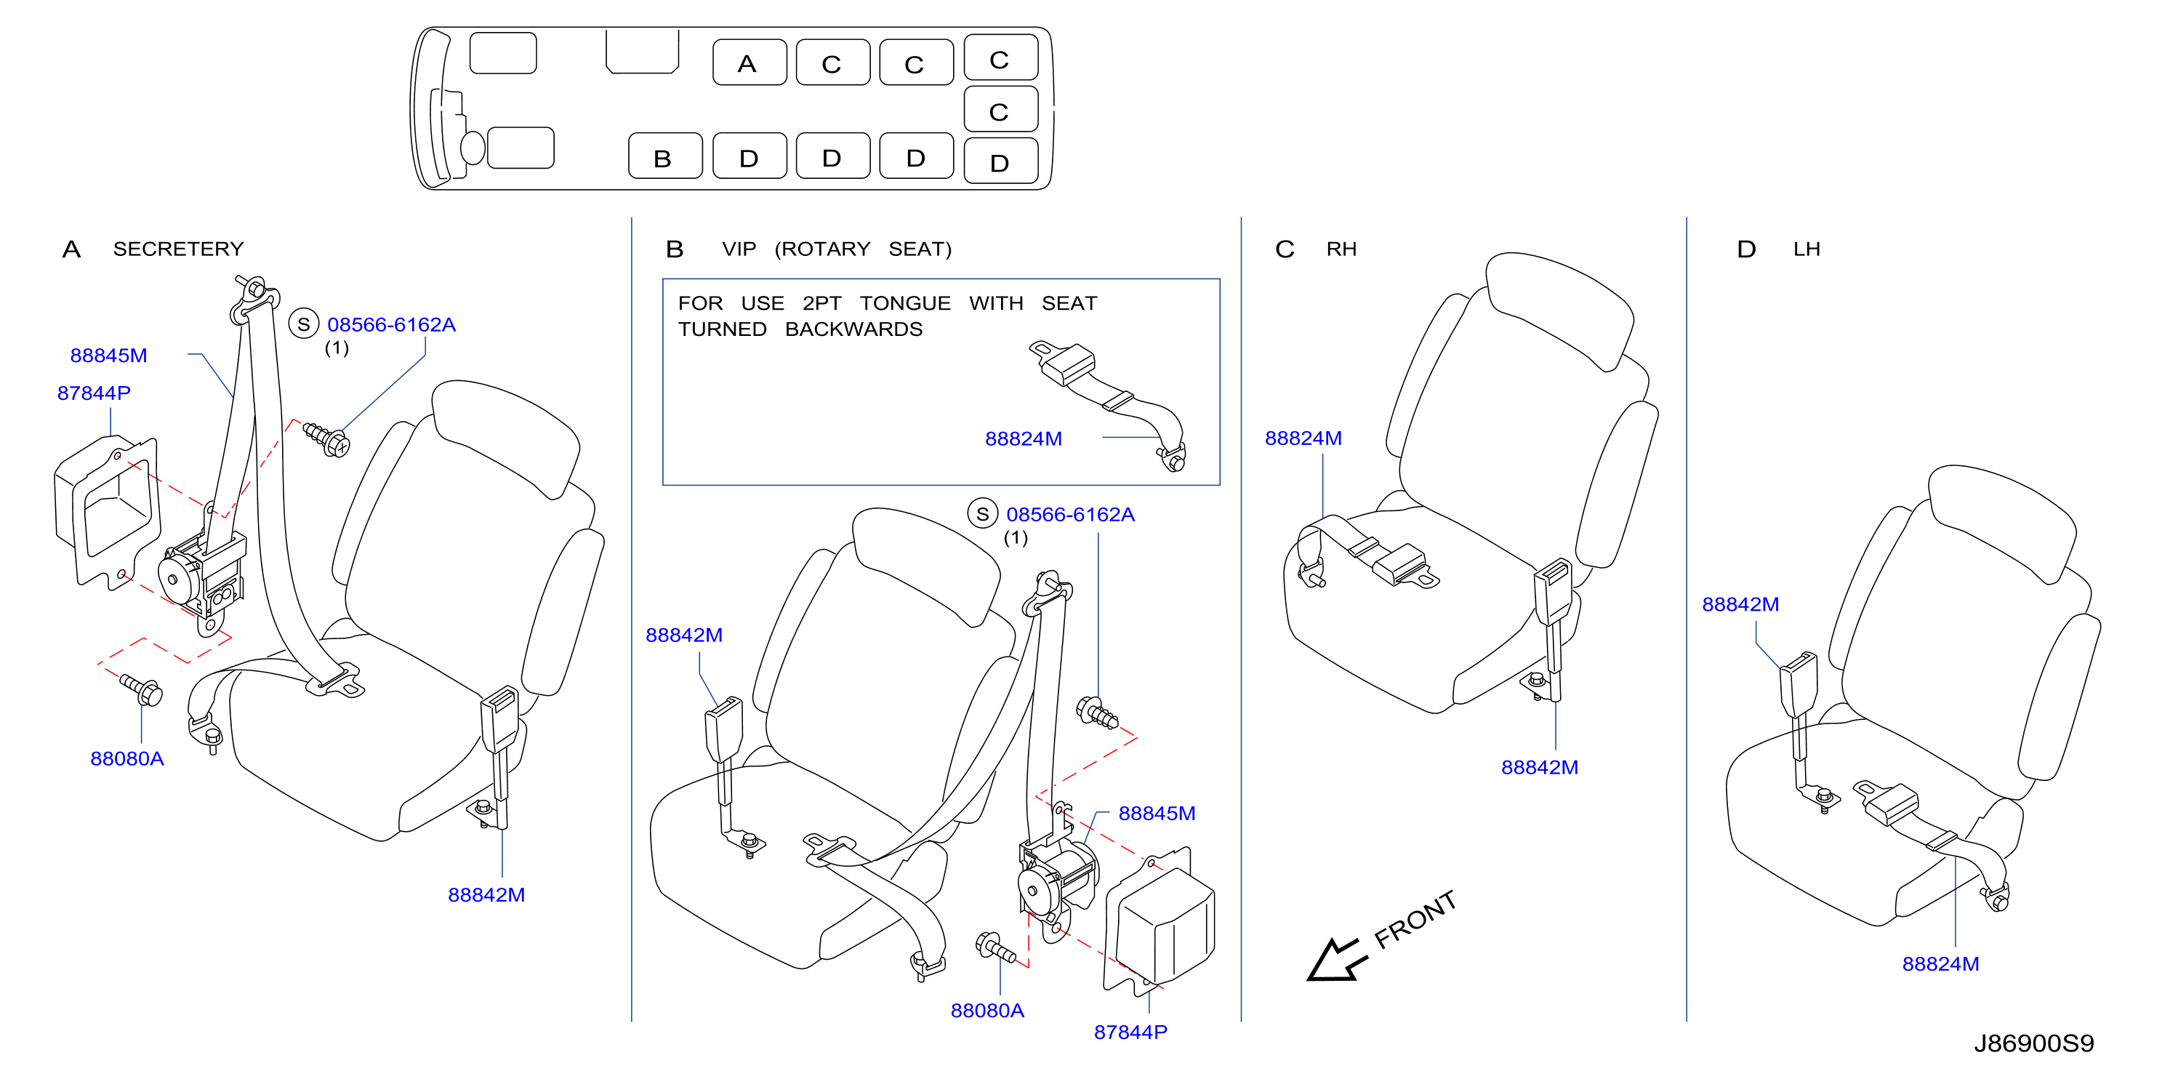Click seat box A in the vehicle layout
click(749, 63)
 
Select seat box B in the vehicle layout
click(664, 156)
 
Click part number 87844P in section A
click(94, 393)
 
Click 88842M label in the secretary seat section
click(486, 894)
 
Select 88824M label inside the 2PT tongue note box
click(1023, 439)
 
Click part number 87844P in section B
click(1130, 1032)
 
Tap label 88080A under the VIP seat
click(986, 1011)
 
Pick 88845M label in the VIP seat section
click(1157, 814)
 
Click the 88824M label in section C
click(1303, 438)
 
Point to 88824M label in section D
click(1940, 964)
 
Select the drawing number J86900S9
click(2033, 1043)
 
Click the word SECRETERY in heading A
click(178, 249)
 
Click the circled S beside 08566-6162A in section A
click(304, 324)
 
